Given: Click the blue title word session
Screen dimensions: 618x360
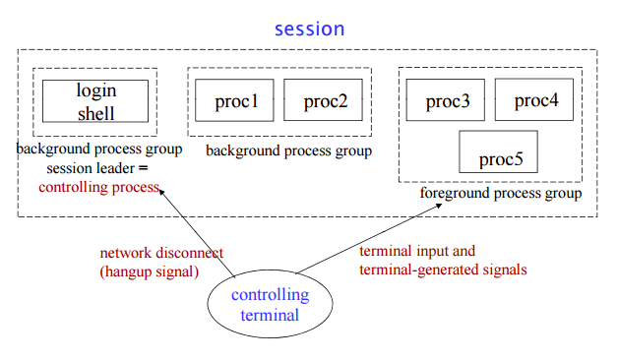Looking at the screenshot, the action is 309,30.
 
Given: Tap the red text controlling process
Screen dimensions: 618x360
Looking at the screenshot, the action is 99,188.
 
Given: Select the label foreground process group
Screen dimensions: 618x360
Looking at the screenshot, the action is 501,194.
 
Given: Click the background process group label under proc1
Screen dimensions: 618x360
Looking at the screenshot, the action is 289,150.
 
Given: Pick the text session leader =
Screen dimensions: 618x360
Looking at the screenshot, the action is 97,168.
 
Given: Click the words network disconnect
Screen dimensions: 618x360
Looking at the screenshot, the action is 161,253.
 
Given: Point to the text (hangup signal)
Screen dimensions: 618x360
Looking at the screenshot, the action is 150,271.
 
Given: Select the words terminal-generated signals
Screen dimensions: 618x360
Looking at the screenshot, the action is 443,270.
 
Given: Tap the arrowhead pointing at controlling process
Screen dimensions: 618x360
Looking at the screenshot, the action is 160,192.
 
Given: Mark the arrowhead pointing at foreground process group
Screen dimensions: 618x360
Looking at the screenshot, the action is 440,206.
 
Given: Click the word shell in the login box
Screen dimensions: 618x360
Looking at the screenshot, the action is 95,114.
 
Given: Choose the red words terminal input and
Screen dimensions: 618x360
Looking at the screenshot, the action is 417,251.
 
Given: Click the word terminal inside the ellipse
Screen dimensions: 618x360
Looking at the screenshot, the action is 270,315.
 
